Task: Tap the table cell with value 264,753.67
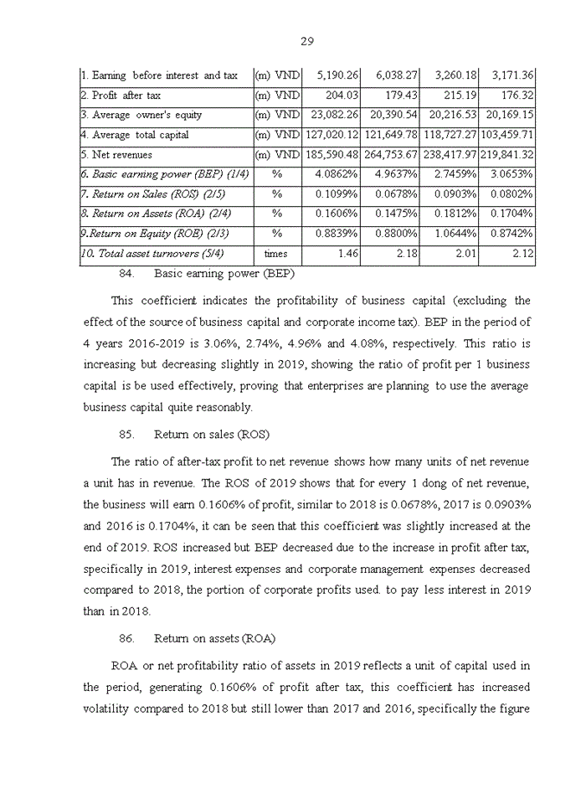pyautogui.click(x=391, y=155)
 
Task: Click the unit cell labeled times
pyautogui.click(x=276, y=253)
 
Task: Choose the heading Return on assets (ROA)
pyautogui.click(x=215, y=638)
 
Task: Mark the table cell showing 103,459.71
pyautogui.click(x=506, y=135)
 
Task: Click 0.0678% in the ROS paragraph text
pyautogui.click(x=382, y=505)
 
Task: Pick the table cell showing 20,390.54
pyautogui.click(x=389, y=115)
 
